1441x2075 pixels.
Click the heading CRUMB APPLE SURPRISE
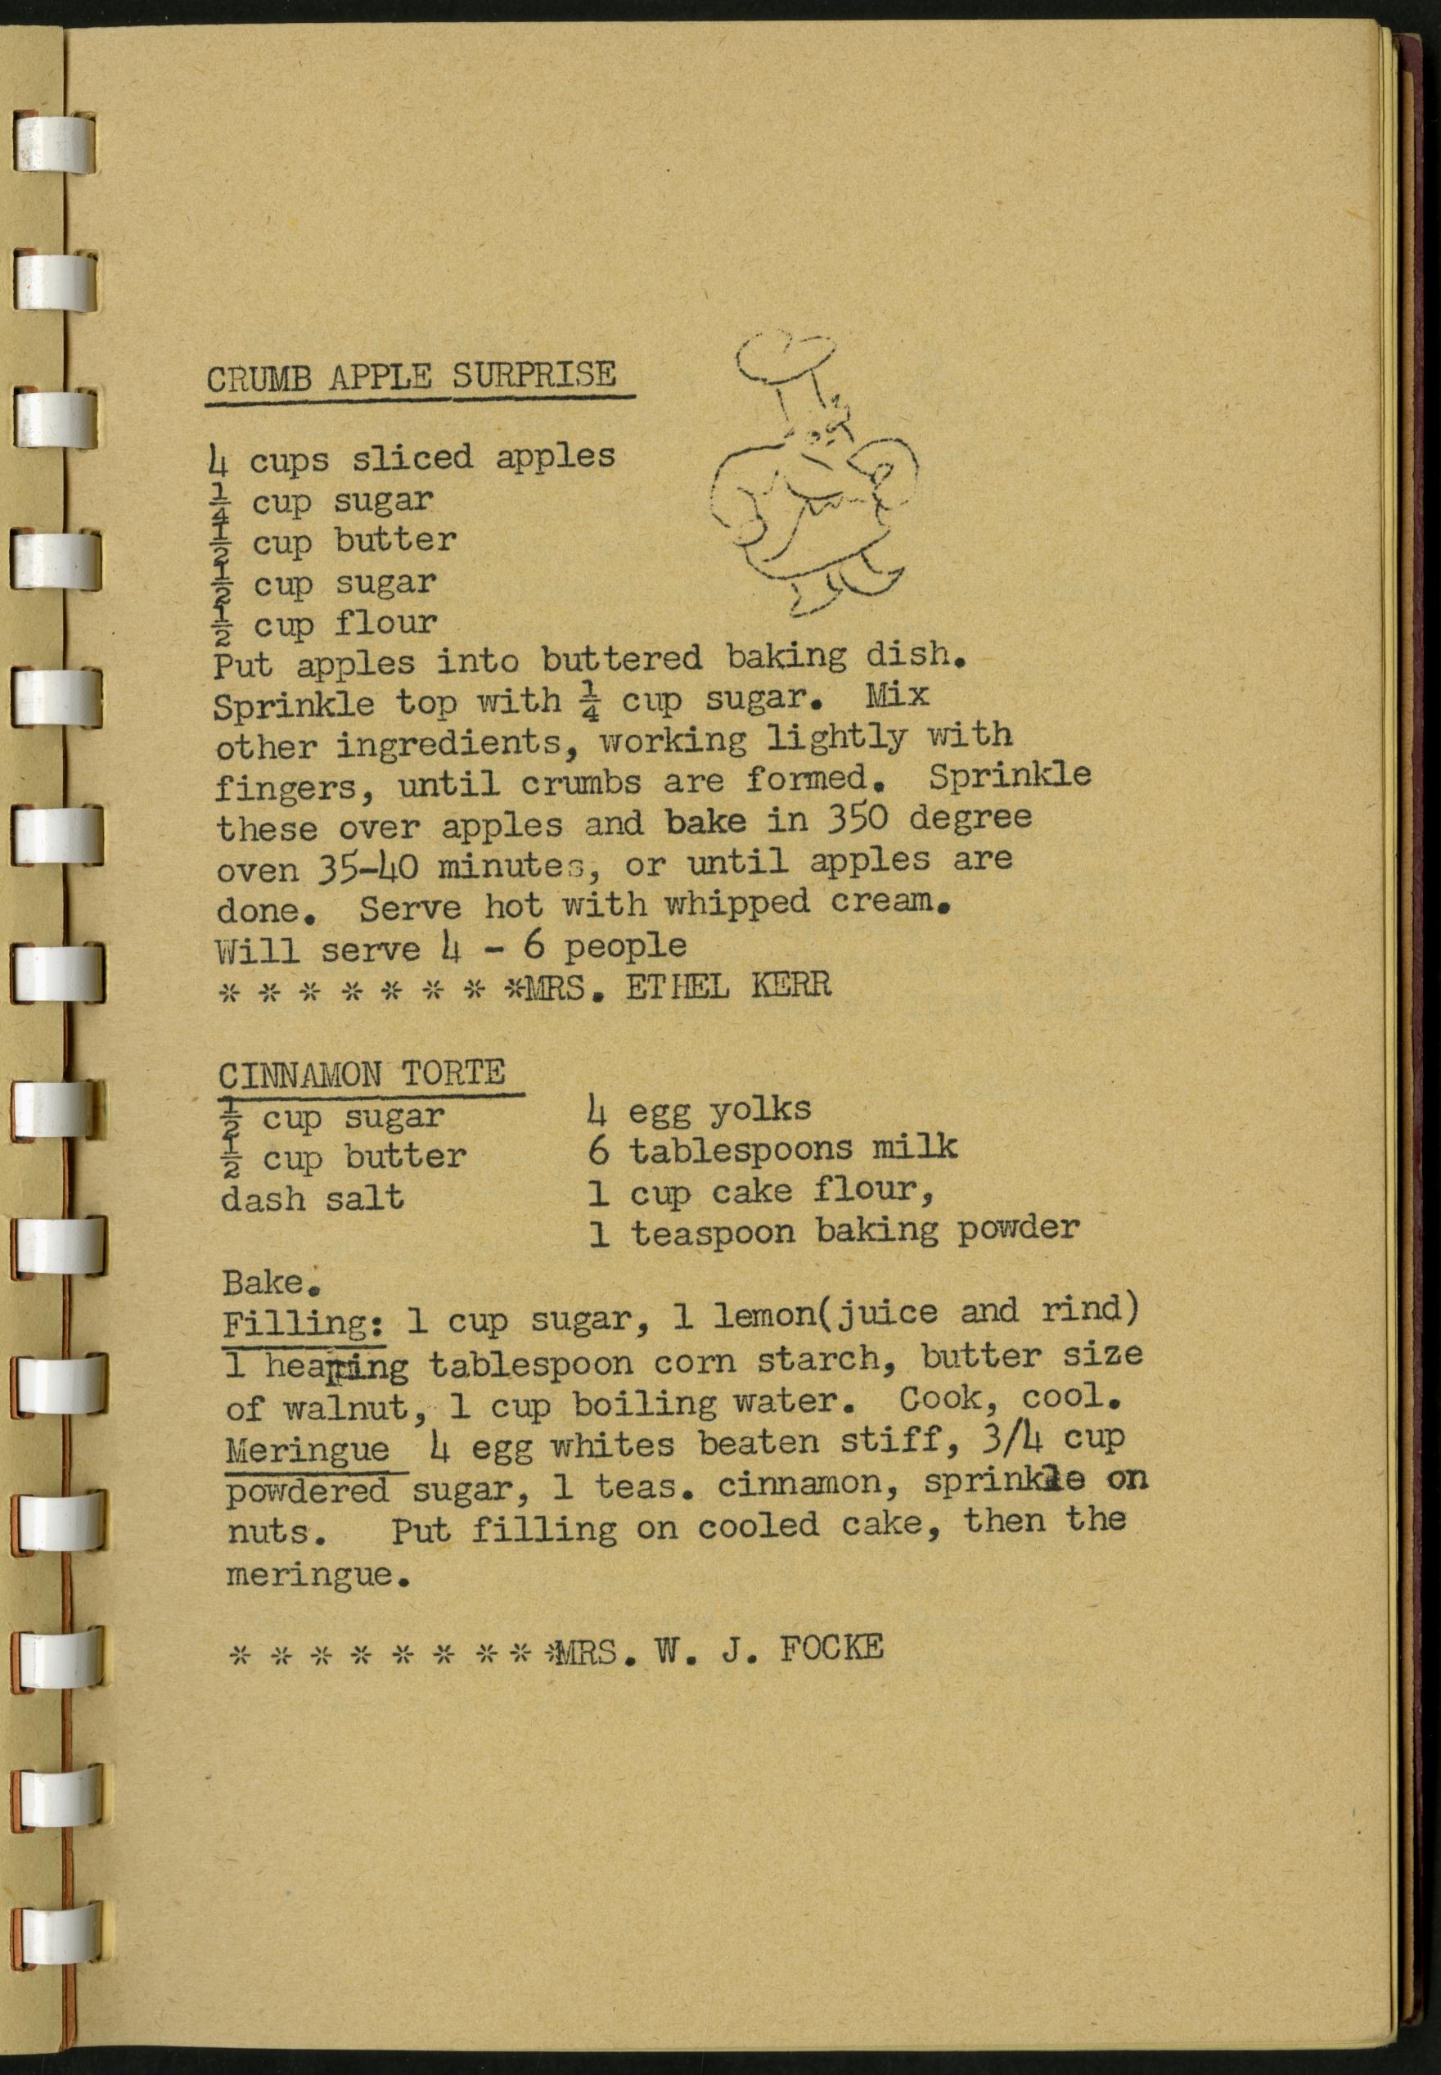tap(412, 376)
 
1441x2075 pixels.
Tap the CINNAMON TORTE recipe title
tap(361, 1075)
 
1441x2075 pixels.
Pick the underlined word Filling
tap(304, 1324)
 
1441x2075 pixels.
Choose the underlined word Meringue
tap(307, 1450)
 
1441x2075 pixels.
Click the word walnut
tap(346, 1408)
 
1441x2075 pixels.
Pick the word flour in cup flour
tap(386, 622)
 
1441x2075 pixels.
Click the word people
tap(625, 946)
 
